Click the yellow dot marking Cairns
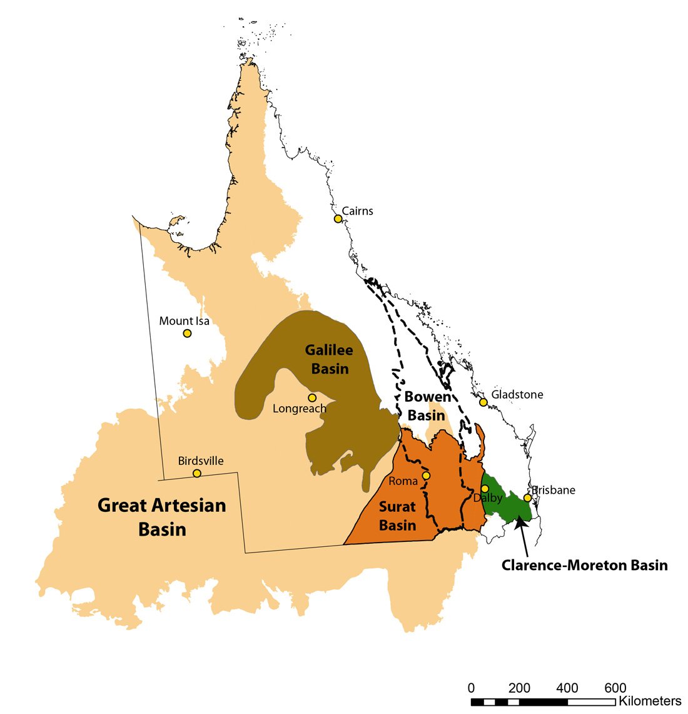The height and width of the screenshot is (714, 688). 338,218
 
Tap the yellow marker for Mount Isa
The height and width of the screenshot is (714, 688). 187,333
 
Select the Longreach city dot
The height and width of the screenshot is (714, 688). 312,397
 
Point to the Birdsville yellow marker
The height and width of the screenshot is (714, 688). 197,473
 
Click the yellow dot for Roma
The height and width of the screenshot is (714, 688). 426,476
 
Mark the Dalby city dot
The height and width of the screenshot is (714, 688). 485,488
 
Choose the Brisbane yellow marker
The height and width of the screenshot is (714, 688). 527,497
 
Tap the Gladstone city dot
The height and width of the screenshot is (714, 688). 483,402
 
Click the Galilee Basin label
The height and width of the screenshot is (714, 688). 329,359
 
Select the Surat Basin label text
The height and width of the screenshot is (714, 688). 398,516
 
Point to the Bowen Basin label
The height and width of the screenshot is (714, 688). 427,405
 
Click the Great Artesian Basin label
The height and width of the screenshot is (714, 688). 162,517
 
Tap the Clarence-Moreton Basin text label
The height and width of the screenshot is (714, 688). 584,565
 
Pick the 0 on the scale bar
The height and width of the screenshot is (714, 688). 471,688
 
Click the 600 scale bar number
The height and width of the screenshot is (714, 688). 615,688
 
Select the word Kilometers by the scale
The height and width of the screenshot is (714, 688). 650,701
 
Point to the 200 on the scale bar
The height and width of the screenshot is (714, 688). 519,688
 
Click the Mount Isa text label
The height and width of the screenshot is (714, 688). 184,321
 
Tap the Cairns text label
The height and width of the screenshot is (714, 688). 358,211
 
